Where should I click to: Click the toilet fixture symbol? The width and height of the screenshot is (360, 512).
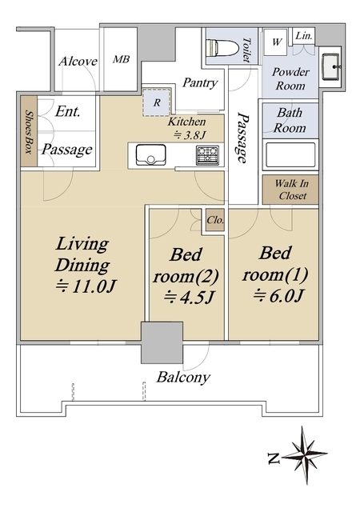pos(223,49)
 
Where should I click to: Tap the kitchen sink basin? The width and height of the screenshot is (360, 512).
pos(150,155)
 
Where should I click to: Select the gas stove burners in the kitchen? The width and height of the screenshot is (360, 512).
pos(207,155)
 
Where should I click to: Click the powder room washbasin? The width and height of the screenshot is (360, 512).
pos(331,67)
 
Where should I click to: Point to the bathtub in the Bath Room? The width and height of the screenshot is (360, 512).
pos(290,154)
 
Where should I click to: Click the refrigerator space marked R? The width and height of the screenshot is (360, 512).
pos(157,102)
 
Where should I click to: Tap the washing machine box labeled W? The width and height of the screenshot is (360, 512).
pos(275,42)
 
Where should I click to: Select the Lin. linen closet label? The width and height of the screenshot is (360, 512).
pos(304,36)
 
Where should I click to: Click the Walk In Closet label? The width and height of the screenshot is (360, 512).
pos(292,190)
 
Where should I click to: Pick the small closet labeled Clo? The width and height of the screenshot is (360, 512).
pos(215,220)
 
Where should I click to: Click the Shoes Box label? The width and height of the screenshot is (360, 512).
pos(29,132)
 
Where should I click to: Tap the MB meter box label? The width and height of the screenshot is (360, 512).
pos(121,59)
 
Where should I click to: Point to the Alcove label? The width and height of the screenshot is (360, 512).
pos(78,62)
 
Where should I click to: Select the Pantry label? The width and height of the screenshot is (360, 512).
pos(200,82)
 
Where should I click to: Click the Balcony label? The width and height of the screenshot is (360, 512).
pos(183,378)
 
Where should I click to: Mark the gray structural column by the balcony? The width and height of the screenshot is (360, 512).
pos(162,342)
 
